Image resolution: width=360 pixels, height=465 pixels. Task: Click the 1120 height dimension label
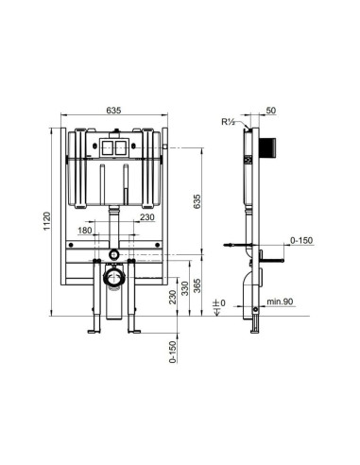46,221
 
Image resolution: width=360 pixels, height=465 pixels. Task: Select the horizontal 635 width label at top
113,111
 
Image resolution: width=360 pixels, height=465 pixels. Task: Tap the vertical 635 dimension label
197,201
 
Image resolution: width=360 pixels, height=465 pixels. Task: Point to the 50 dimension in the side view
271,111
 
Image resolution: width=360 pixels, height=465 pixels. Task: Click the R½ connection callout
228,122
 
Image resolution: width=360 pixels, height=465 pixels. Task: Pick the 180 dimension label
85,231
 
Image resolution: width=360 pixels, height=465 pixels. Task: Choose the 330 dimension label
185,288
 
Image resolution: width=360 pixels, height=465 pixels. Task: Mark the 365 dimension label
197,285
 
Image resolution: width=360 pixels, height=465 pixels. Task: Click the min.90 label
280,301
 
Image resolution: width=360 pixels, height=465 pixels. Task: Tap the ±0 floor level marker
219,303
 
